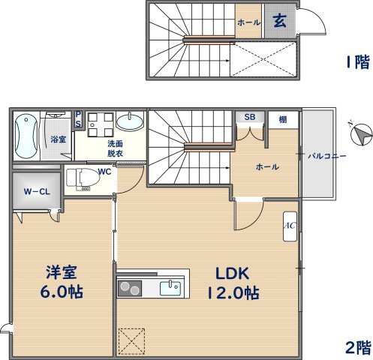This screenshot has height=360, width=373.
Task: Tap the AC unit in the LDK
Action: [x=290, y=226]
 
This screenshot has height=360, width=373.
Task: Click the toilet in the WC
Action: [x=83, y=178]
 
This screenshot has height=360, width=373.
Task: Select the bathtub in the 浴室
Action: [x=26, y=136]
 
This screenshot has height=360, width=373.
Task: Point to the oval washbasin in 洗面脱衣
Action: [x=130, y=121]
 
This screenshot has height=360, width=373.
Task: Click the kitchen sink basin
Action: [x=170, y=288]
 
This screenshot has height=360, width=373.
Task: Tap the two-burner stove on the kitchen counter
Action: [x=130, y=289]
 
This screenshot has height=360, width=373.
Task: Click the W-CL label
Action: [x=37, y=192]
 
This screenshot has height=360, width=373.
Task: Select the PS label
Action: [x=78, y=119]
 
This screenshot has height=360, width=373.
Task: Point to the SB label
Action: [x=250, y=117]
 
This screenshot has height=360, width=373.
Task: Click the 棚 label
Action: [x=283, y=119]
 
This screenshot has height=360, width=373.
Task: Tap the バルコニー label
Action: [x=327, y=157]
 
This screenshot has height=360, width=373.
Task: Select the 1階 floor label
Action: [x=358, y=62]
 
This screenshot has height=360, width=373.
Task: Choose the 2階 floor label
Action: [x=358, y=347]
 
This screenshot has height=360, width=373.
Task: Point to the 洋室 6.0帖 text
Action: [x=62, y=282]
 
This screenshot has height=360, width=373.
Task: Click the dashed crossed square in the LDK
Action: [x=131, y=341]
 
